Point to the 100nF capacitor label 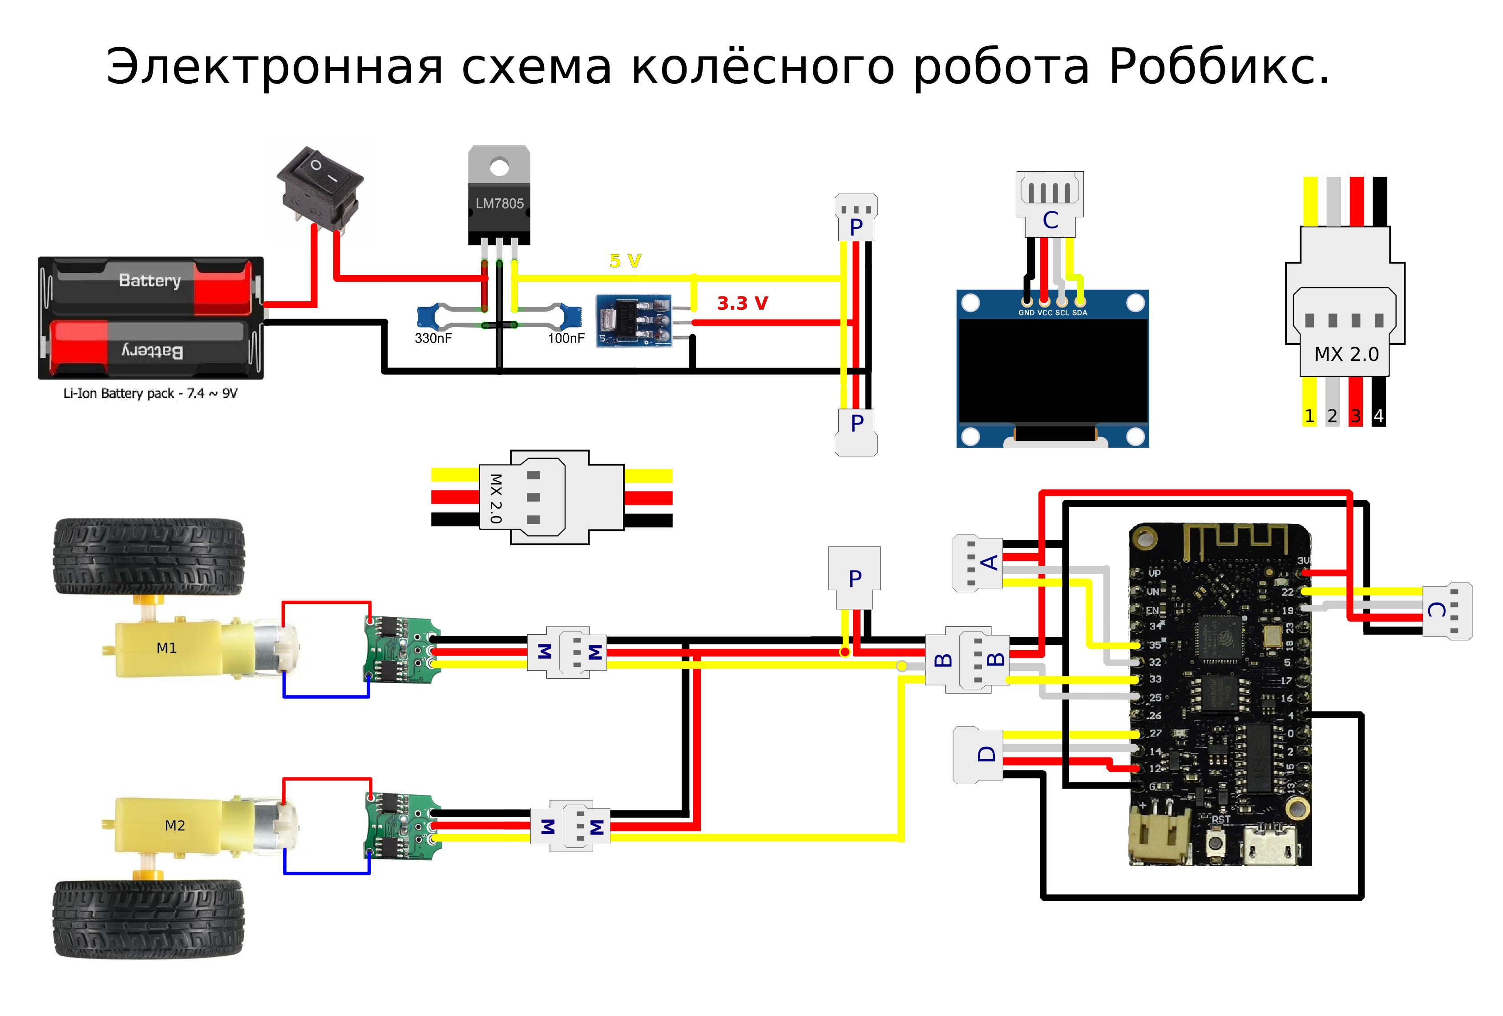(x=566, y=338)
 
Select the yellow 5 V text (x=625, y=261)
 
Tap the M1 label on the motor (x=166, y=648)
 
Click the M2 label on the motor (x=174, y=825)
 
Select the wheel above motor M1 (x=149, y=556)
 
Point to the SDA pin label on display (x=1079, y=313)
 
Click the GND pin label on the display (x=1026, y=313)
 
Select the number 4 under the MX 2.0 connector (x=1378, y=416)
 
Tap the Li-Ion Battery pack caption (x=150, y=393)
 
